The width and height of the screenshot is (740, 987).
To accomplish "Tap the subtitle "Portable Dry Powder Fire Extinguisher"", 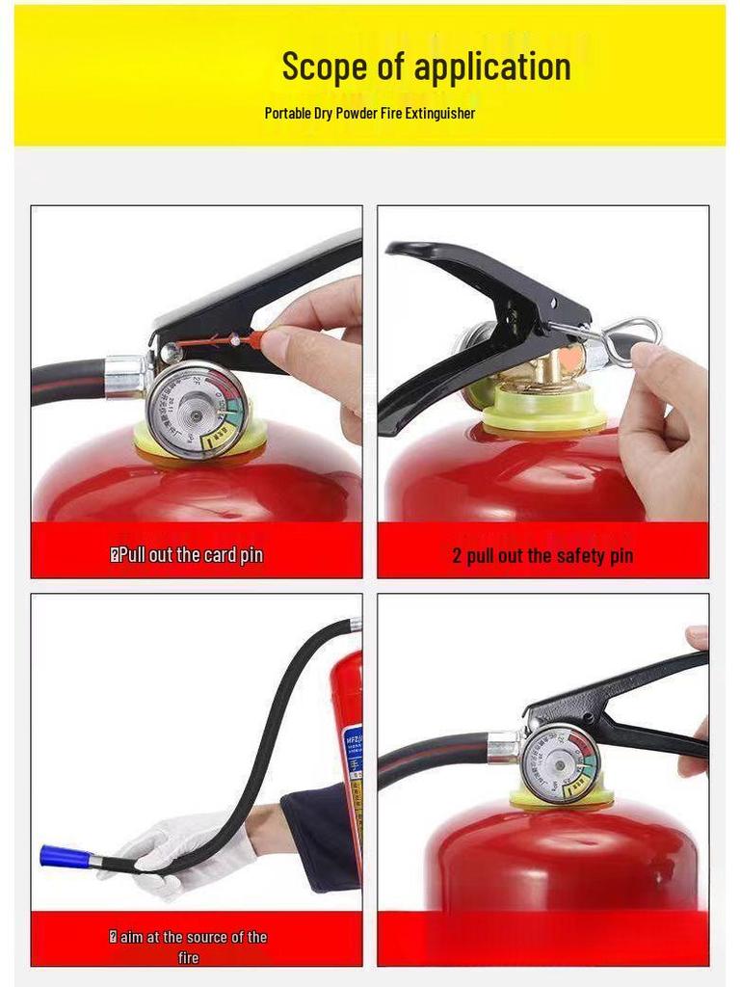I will tap(370, 113).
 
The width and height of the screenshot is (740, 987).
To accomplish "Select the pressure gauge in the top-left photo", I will tap(196, 409).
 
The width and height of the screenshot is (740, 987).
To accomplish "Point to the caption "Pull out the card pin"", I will tap(187, 555).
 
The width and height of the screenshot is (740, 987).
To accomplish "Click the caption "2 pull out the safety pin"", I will tap(542, 555).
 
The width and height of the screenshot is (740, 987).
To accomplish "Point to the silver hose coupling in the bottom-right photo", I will tap(504, 746).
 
